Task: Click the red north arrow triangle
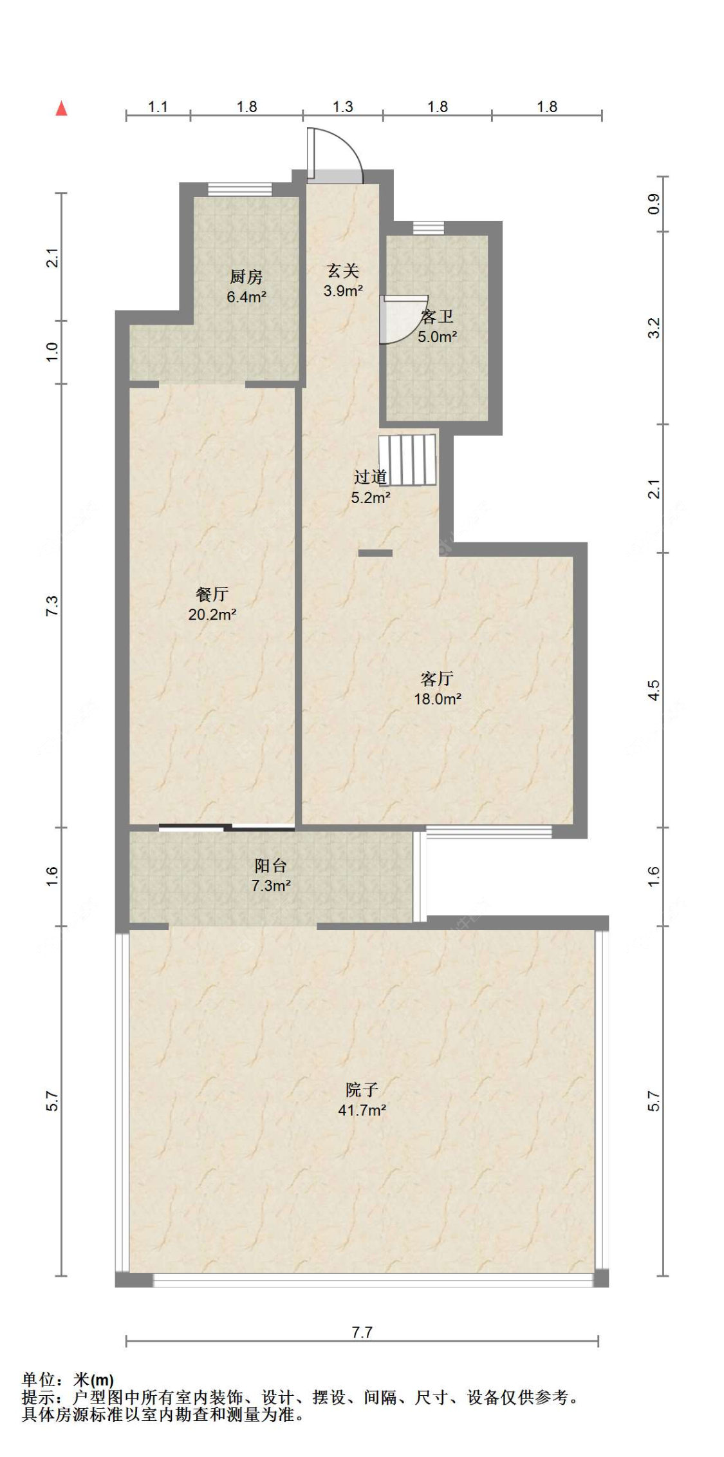tap(62, 108)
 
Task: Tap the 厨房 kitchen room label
tap(246, 277)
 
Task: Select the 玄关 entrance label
tap(343, 271)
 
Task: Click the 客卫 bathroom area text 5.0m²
tap(437, 336)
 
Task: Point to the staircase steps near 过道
tap(407, 460)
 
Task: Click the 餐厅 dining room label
tap(212, 594)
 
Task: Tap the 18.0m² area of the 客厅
tap(437, 699)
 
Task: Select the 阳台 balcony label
tap(270, 866)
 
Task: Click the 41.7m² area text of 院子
tap(362, 1110)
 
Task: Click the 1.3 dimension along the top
tap(342, 107)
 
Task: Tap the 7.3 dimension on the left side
tap(52, 605)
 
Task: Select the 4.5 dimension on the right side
tap(653, 690)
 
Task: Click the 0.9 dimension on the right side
tap(653, 204)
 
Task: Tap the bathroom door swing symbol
tap(403, 319)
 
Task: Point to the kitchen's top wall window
tap(240, 189)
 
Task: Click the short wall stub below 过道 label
tap(375, 553)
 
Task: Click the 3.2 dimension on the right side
tap(653, 328)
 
